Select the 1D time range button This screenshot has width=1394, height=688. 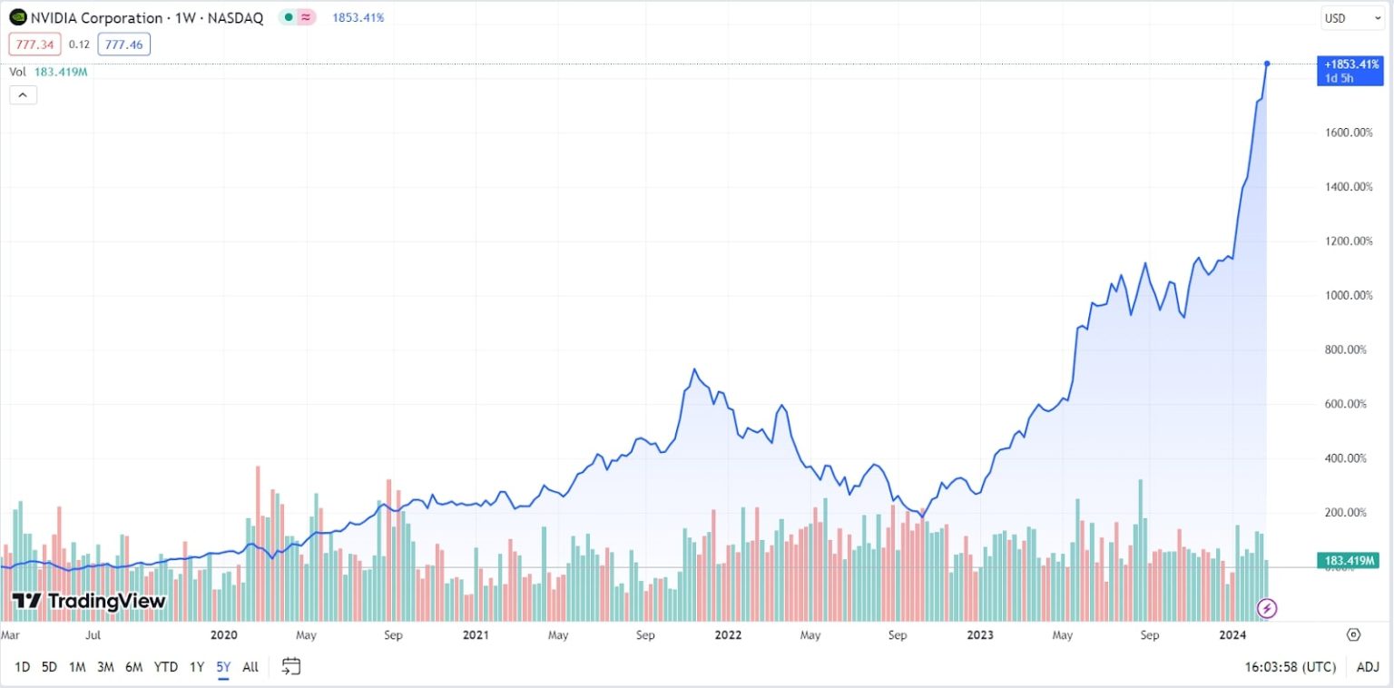[23, 667]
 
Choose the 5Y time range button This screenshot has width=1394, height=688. [222, 667]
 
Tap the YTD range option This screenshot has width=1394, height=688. [165, 667]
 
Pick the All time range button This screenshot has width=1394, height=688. [250, 667]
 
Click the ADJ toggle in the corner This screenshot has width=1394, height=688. [1368, 667]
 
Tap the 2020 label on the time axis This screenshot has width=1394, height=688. [223, 635]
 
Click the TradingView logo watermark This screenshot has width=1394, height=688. [89, 601]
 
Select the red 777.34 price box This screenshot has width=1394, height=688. [34, 44]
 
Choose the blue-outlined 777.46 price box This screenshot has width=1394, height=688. [124, 44]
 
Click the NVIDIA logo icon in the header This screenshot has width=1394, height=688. [18, 17]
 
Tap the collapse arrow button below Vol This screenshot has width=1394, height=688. [23, 94]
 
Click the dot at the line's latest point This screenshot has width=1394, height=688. [1267, 64]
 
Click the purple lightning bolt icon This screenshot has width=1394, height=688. [1267, 608]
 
